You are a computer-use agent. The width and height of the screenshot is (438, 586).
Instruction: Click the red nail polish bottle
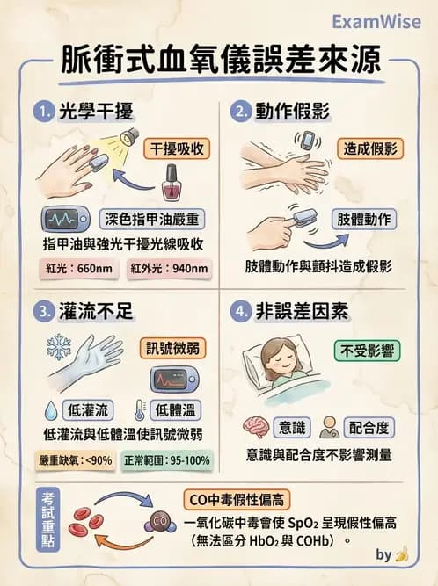[171, 184]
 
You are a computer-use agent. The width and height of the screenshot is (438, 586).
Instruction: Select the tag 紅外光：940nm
[168, 268]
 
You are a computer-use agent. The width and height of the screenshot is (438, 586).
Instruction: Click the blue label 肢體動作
[363, 219]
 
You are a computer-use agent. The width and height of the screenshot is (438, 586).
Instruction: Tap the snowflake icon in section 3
[60, 345]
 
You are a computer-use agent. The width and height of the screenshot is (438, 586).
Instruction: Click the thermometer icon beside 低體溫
[140, 409]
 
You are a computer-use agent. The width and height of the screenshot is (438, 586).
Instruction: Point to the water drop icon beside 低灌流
[50, 409]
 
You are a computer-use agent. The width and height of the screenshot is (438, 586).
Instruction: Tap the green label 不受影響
[368, 351]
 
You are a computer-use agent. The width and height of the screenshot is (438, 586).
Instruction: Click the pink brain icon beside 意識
[256, 427]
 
